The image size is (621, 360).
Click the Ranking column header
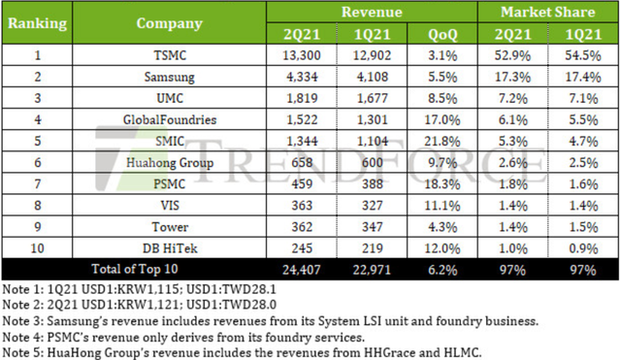click(x=37, y=23)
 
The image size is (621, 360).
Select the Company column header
click(x=170, y=23)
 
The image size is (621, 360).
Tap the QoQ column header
click(x=442, y=35)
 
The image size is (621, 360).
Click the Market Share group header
click(x=547, y=12)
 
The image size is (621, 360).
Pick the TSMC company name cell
click(x=170, y=55)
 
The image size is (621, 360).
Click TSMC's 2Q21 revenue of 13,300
click(x=302, y=55)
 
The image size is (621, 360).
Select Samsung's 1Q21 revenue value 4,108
click(x=373, y=77)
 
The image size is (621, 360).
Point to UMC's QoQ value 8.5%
click(x=442, y=98)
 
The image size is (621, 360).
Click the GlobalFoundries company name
click(x=170, y=119)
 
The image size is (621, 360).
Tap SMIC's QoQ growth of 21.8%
click(x=442, y=141)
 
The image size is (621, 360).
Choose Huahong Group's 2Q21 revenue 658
click(x=302, y=162)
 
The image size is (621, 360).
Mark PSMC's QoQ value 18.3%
click(x=442, y=184)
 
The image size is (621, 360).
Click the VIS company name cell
click(x=170, y=206)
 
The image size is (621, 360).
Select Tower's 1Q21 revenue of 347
click(x=373, y=227)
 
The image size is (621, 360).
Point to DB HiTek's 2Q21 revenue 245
click(x=302, y=248)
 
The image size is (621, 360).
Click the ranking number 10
click(x=37, y=248)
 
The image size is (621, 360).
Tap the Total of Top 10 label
click(x=135, y=269)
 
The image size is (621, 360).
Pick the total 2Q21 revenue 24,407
click(x=302, y=270)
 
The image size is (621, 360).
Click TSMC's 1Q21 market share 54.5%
click(x=583, y=55)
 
